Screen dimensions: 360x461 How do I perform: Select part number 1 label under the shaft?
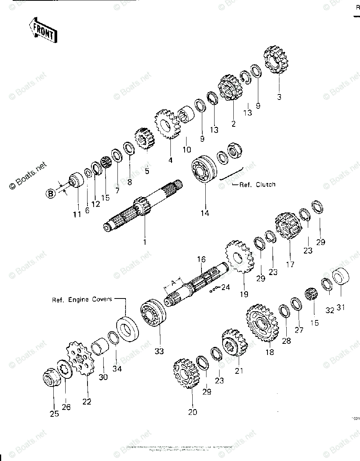coord(145,242)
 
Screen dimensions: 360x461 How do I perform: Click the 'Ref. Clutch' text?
coord(257,184)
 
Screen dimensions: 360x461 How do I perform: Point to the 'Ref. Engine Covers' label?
coord(82,299)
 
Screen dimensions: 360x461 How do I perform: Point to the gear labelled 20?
coord(185,372)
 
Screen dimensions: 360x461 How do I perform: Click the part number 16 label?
coord(201,259)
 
